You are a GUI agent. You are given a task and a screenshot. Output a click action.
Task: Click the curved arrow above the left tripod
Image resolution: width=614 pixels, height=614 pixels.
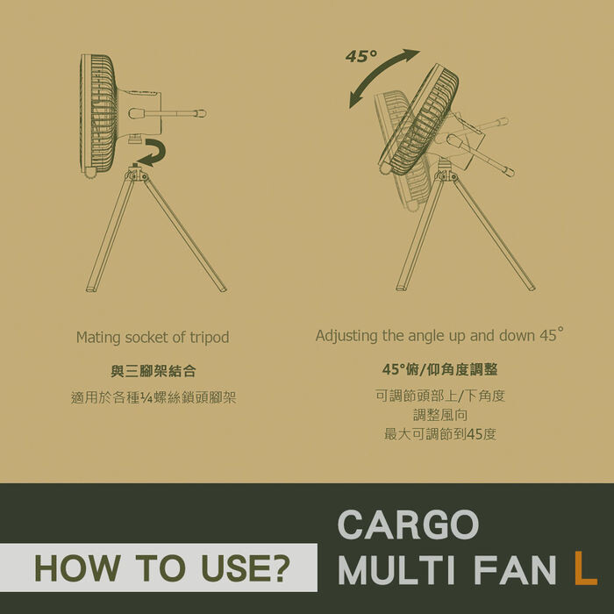click(160, 153)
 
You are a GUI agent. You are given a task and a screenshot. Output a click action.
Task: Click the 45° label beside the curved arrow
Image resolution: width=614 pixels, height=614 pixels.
click(361, 56)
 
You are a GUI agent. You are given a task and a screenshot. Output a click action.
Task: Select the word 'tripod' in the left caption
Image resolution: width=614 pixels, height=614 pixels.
click(209, 338)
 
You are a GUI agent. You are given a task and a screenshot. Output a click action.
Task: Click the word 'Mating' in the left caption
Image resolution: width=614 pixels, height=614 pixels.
click(98, 338)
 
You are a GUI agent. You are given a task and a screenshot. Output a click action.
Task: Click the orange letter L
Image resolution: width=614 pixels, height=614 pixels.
click(585, 568)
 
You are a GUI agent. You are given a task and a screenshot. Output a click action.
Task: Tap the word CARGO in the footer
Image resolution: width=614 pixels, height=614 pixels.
click(408, 525)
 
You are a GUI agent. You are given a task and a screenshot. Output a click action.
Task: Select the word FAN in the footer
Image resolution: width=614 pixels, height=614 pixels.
click(516, 568)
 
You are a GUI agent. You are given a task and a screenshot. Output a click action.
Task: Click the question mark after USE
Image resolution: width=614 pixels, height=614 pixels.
click(281, 568)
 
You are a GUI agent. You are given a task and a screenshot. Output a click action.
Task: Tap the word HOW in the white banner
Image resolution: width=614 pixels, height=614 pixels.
click(77, 568)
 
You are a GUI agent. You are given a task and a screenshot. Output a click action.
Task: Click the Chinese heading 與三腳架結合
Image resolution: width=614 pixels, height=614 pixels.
click(153, 371)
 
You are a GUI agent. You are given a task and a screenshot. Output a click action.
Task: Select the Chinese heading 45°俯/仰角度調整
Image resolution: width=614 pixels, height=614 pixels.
click(439, 369)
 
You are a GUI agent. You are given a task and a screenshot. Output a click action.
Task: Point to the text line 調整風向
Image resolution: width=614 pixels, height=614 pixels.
click(440, 415)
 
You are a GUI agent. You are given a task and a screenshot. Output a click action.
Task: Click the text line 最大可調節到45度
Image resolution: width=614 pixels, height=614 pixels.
click(440, 434)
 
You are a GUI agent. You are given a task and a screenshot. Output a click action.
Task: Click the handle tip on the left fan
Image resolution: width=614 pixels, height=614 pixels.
click(201, 113)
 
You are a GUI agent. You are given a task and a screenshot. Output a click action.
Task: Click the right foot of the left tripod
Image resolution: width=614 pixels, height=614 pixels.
click(222, 289)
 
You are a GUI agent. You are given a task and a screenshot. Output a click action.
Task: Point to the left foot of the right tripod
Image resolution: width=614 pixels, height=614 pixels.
click(401, 288)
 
